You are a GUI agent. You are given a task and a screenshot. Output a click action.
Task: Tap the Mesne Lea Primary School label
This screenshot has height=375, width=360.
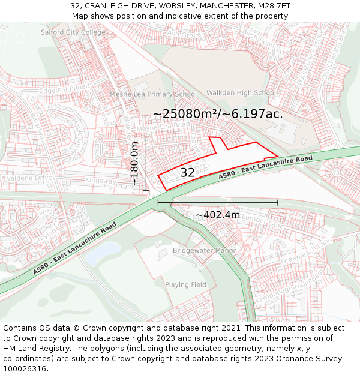point(153,94)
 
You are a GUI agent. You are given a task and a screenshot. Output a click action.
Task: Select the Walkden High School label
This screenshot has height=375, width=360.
point(241,93)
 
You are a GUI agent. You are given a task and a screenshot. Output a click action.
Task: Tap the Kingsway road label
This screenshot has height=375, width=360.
point(100,181)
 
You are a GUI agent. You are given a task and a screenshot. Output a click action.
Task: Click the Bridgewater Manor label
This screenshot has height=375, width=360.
point(204,250)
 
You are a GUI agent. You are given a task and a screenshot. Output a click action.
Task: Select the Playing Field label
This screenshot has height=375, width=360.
point(185,284)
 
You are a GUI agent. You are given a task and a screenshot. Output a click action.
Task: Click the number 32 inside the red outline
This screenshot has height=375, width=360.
point(187,173)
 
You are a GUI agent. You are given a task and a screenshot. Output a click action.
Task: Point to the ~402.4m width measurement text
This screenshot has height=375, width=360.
point(218,215)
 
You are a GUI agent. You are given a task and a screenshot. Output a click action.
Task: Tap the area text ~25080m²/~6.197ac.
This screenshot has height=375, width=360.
point(218,113)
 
